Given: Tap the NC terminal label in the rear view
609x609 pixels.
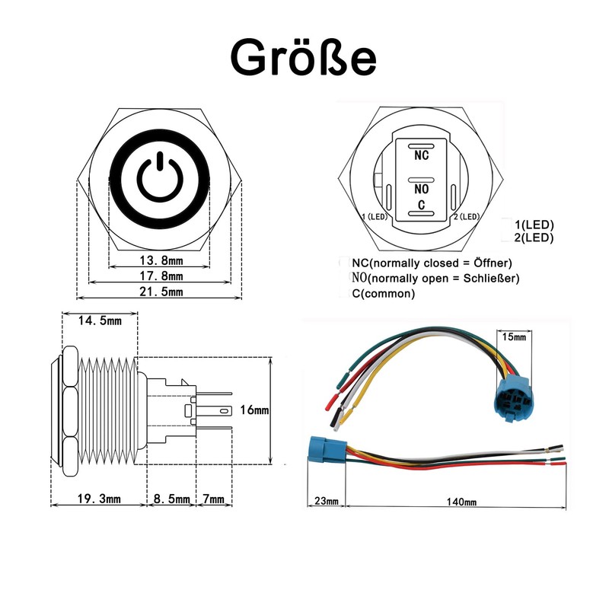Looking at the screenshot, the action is [x=421, y=155].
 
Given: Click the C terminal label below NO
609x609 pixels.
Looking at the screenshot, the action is [x=421, y=206].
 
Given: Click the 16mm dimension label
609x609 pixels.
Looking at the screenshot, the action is [x=255, y=410].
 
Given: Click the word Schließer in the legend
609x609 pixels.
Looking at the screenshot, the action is [x=492, y=279].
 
